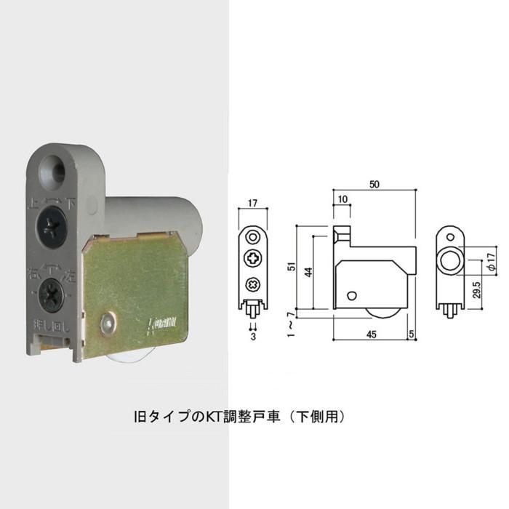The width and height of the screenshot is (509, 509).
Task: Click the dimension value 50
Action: tap(374, 185)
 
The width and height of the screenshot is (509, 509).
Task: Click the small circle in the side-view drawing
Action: tap(352, 295)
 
